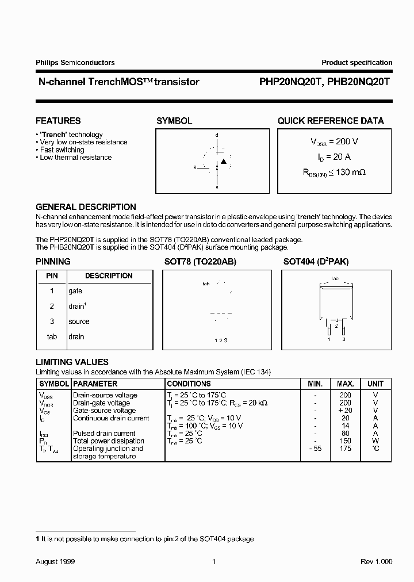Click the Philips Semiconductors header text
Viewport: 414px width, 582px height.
click(x=75, y=63)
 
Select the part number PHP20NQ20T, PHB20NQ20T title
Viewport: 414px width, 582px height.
click(x=321, y=82)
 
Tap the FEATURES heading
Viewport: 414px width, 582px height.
click(x=58, y=121)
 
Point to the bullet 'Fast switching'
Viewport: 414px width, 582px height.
click(x=62, y=150)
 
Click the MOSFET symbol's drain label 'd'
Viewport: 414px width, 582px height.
click(x=217, y=135)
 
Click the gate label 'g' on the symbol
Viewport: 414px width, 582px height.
click(x=195, y=167)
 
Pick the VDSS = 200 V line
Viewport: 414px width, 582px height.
click(x=334, y=141)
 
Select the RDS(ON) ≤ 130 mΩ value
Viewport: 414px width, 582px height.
click(x=334, y=171)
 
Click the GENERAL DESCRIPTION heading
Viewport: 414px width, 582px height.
click(x=86, y=207)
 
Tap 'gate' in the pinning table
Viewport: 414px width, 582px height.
click(x=75, y=292)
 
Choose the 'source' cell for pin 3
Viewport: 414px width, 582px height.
click(x=79, y=321)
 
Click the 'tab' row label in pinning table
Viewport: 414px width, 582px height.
click(x=52, y=337)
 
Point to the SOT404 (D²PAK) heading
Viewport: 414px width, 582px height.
click(x=316, y=262)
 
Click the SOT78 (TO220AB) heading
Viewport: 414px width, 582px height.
click(x=200, y=262)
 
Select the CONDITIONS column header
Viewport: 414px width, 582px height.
click(x=189, y=384)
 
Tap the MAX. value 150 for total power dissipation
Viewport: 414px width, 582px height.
click(x=345, y=441)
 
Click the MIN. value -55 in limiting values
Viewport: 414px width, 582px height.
click(x=315, y=449)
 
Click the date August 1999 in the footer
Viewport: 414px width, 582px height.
click(x=55, y=561)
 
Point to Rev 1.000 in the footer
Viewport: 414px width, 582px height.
click(x=377, y=561)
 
